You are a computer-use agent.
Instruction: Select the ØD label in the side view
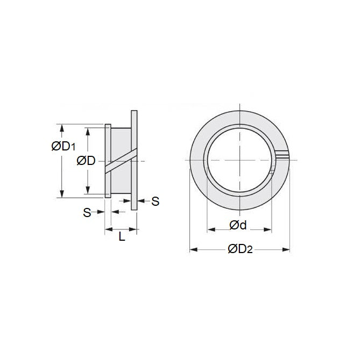point(86,161)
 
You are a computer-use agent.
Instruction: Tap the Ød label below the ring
point(238,226)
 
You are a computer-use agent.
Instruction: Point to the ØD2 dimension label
point(239,249)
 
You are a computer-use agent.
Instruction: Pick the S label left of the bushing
point(86,213)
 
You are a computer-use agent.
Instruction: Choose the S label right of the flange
point(155,201)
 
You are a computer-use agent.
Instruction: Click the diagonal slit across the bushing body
point(121,162)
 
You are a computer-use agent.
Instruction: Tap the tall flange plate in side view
point(134,161)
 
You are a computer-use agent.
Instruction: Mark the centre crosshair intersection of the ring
point(239,161)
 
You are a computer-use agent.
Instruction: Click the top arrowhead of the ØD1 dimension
point(63,128)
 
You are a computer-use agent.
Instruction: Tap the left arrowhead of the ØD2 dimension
point(193,250)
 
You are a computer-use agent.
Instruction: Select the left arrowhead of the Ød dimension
point(210,229)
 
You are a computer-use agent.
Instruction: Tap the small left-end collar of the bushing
point(108,161)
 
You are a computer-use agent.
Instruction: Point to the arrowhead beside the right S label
point(141,201)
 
